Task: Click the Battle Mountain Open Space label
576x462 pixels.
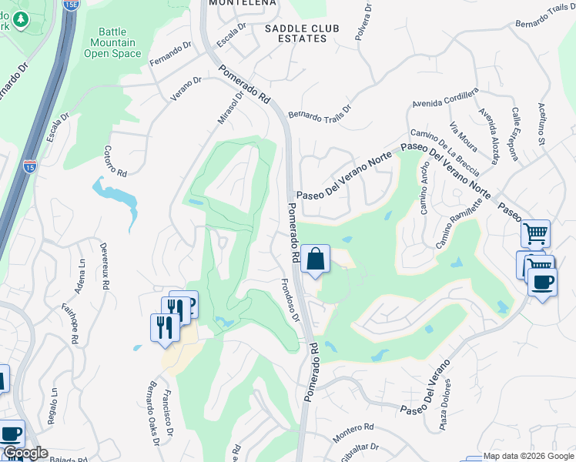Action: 112,43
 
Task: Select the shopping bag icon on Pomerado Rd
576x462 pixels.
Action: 316,259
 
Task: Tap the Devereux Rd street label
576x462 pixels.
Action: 104,266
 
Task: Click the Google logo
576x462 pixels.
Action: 25,454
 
